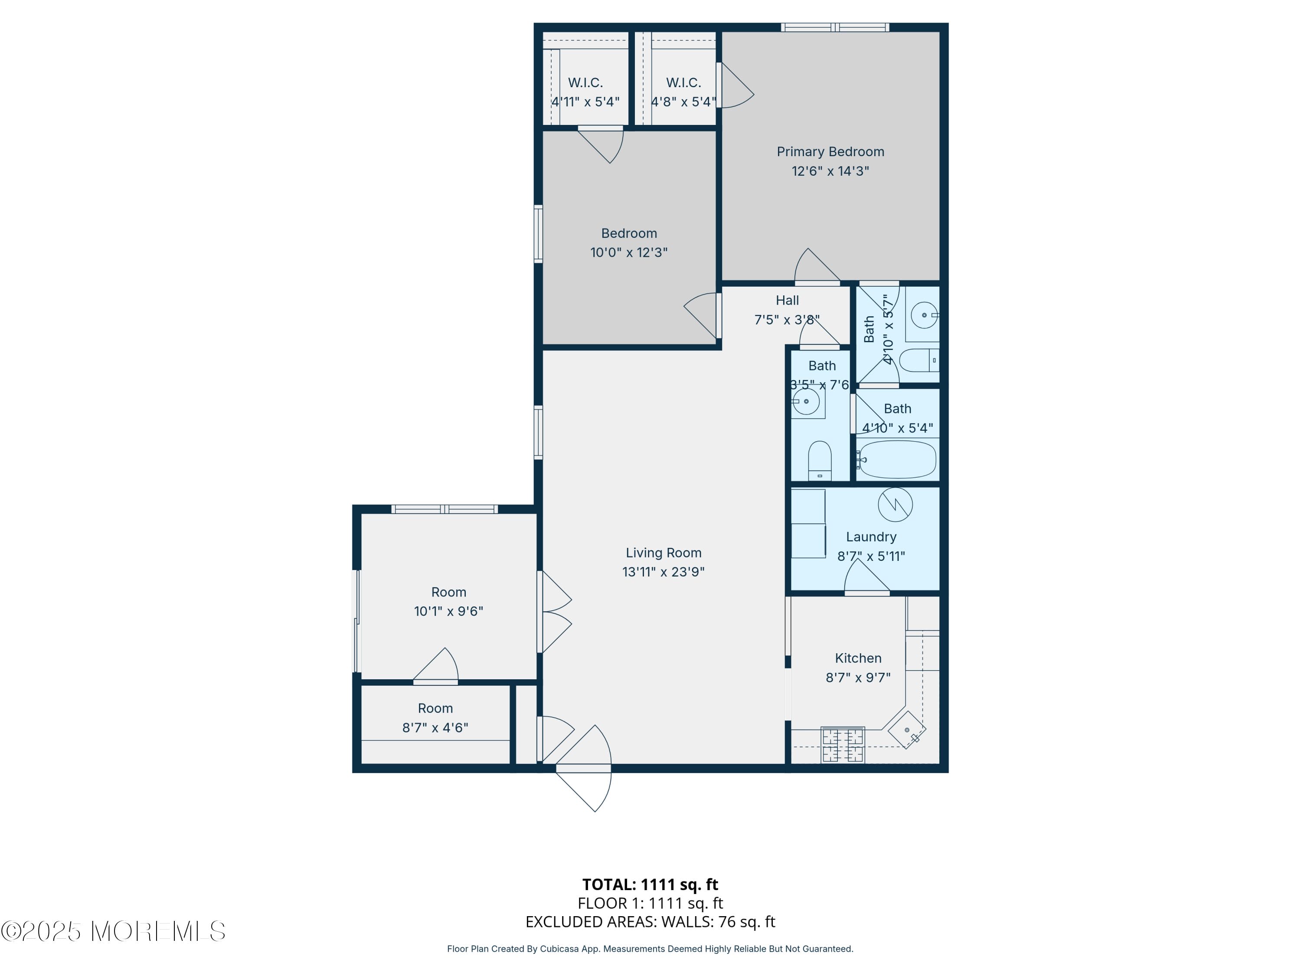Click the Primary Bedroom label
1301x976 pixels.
(830, 152)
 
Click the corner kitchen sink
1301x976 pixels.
(906, 730)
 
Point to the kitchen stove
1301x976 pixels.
(842, 745)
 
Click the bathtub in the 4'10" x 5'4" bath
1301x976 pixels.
(896, 459)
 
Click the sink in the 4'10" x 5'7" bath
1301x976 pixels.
(924, 315)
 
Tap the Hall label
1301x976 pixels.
(787, 301)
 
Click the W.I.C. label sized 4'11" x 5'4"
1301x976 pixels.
(585, 83)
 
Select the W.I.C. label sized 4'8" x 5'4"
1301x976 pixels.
(683, 83)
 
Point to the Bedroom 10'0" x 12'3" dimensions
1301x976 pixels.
(629, 252)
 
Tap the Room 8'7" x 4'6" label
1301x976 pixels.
(435, 708)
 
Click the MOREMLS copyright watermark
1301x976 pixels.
(113, 931)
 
